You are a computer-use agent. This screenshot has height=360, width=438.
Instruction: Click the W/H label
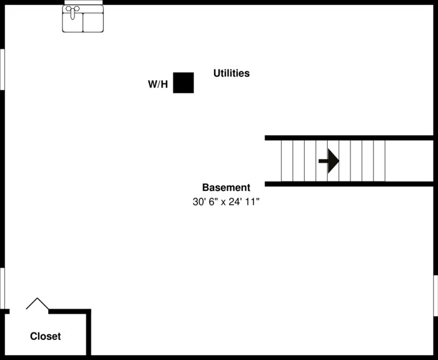tap(158, 85)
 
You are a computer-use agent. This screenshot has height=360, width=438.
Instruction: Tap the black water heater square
tap(183, 83)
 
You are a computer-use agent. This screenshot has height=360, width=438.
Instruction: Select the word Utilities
tap(232, 73)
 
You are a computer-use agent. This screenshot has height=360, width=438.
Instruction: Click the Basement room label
tap(226, 187)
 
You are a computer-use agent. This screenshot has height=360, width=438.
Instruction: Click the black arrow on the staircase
tap(329, 161)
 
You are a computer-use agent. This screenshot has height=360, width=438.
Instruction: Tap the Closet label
tap(46, 336)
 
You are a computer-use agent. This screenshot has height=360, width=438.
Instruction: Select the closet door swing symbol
tap(38, 304)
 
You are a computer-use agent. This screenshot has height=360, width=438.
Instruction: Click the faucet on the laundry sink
tap(73, 10)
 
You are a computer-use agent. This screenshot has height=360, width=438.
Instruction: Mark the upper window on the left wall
tap(2, 69)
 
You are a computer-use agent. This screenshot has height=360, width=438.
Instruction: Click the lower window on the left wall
tap(2, 288)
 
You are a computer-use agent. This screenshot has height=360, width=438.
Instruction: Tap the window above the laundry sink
tap(83, 3)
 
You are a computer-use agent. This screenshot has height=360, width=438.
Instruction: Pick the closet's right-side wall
tap(89, 332)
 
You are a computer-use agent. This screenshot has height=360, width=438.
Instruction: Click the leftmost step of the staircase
tap(287, 161)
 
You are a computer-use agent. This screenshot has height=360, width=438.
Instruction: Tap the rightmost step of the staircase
tap(379, 161)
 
